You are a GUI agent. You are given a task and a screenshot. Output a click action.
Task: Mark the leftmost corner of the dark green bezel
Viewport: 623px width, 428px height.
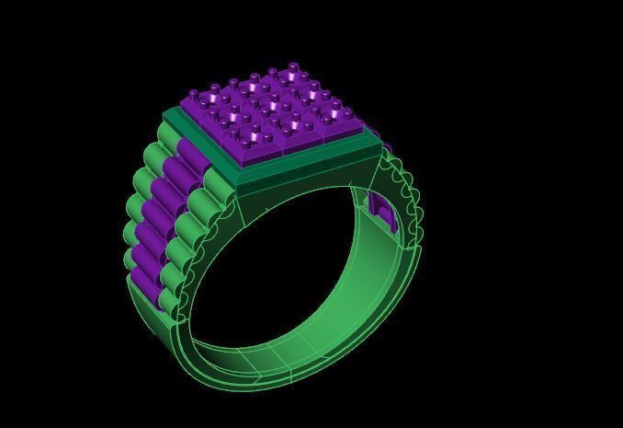point(165,115)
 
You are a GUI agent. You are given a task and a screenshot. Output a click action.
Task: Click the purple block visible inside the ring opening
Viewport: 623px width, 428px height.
point(383,212)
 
